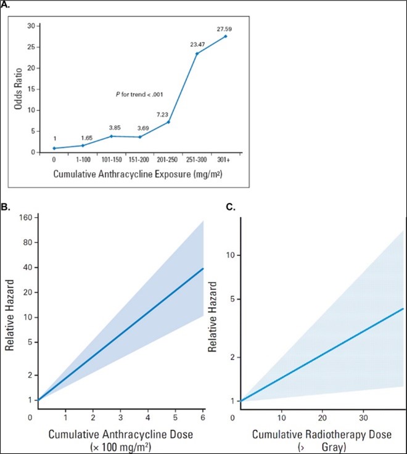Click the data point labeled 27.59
pyautogui.click(x=225, y=36)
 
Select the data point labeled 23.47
pyautogui.click(x=197, y=54)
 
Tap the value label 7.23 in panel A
pyautogui.click(x=168, y=114)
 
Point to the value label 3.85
pyautogui.click(x=112, y=128)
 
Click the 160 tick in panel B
pyautogui.click(x=25, y=217)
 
